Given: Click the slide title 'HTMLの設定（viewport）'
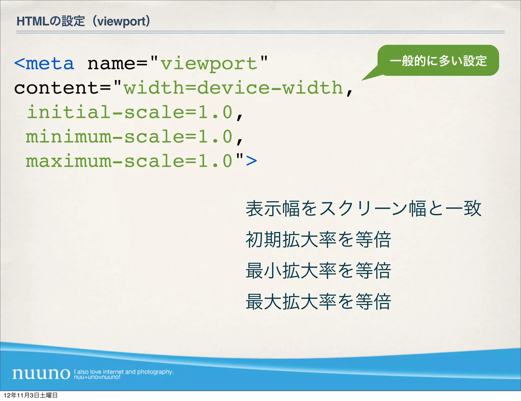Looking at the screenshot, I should click(83, 21).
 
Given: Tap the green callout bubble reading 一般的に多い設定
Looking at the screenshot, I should click(438, 61).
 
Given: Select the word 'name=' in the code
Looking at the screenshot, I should click(117, 63).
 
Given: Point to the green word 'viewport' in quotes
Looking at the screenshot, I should click(209, 63).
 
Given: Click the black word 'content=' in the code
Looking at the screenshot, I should click(62, 88).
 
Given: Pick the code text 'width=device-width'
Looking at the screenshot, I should click(233, 88).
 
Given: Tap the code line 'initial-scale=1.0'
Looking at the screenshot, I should click(130, 112).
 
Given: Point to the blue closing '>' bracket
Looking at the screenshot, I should click(251, 161).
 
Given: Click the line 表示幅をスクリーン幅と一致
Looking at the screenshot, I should click(364, 209).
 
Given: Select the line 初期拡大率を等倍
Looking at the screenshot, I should click(318, 240).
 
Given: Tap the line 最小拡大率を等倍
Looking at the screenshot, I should click(318, 270).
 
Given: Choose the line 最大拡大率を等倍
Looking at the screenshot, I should click(318, 302).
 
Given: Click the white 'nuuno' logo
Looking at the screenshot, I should click(41, 374).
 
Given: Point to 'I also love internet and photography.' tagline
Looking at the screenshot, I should click(124, 372).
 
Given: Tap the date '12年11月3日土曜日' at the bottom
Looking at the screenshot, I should click(31, 395).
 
